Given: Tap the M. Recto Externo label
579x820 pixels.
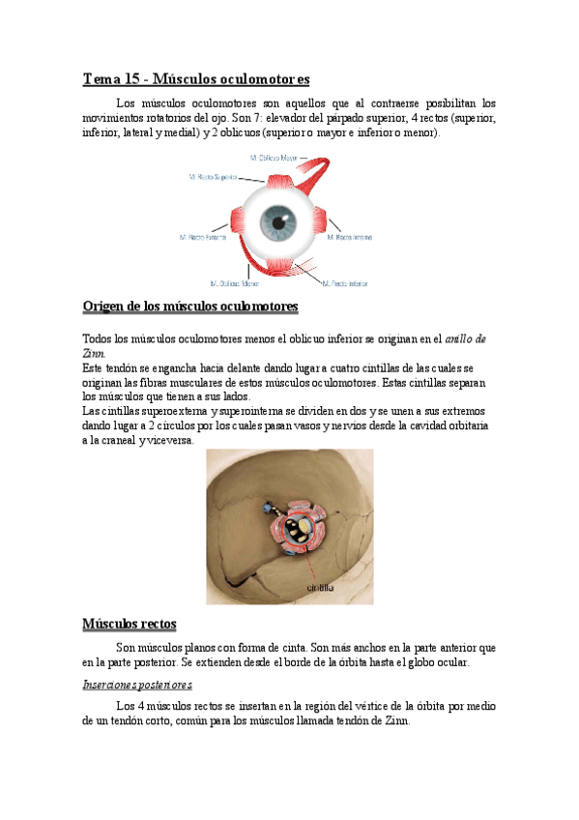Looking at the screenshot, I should click(202, 236).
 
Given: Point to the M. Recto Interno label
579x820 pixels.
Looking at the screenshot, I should click(349, 236).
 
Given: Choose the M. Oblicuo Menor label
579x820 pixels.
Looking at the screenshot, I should click(234, 284).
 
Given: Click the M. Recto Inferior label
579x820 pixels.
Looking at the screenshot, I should click(345, 284).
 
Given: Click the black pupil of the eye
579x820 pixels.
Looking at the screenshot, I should click(280, 221).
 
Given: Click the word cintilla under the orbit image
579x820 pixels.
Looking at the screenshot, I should click(320, 587).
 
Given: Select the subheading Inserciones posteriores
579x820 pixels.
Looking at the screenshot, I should click(137, 685).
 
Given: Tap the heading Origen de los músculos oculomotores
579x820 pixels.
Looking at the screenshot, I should click(190, 307).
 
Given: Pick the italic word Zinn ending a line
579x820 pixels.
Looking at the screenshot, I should click(95, 354).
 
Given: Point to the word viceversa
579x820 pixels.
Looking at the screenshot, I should click(165, 440).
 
